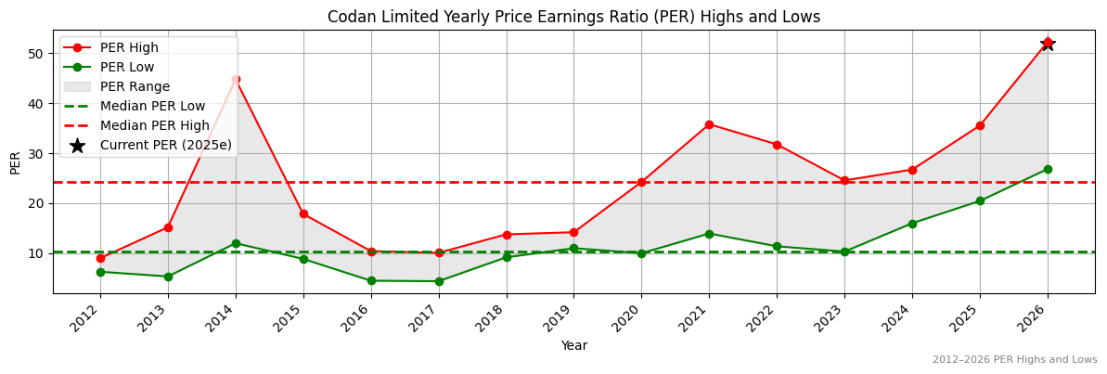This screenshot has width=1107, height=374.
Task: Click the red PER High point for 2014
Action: (236, 79)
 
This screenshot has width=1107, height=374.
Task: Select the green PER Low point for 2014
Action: (236, 243)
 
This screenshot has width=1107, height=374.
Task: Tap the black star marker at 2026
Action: (1048, 43)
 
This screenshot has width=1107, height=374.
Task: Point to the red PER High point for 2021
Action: (709, 124)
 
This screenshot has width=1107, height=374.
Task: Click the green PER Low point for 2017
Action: (439, 281)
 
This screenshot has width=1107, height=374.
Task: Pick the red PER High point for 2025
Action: (980, 125)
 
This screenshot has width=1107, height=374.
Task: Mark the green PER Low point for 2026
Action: (1048, 169)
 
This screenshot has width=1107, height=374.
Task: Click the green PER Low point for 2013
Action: (168, 277)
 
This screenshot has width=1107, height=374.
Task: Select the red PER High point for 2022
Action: (777, 145)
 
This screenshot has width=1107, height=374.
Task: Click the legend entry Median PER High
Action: (154, 125)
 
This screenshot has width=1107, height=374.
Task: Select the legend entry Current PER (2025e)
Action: (165, 145)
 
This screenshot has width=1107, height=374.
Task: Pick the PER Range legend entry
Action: (135, 86)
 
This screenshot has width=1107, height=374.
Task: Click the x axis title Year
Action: (573, 345)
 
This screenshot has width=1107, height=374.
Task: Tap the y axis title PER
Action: (15, 162)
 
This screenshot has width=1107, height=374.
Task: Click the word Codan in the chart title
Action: (351, 17)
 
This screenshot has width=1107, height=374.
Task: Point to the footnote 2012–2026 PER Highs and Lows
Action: (1014, 359)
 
